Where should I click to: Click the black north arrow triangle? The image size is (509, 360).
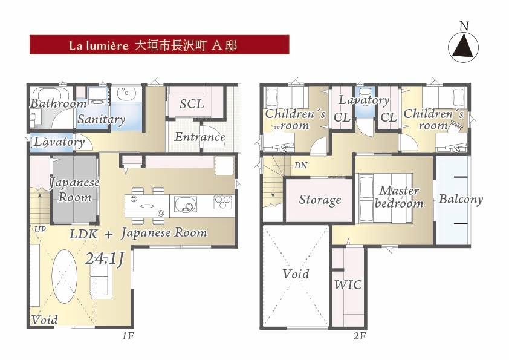pos(463,47)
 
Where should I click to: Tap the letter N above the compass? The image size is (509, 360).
pos(464,26)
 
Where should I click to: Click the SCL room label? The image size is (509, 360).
pos(192,104)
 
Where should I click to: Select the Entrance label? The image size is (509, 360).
pos(199,137)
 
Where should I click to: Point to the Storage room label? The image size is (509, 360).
pos(320,200)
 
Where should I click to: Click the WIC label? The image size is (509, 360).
pos(348,285)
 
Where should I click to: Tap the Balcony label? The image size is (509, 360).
pos(461,199)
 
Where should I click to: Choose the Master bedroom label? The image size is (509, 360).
pos(399,197)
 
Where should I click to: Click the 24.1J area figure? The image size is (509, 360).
pos(105,260)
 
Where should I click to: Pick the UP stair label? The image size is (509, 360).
pos(40,229)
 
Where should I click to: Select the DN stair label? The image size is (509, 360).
pos(300,165)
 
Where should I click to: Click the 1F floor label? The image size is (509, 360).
pos(128,336)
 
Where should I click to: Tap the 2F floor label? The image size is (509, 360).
pos(360,336)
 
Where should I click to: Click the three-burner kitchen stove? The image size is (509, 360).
pos(223,202)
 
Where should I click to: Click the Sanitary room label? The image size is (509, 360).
pos(102,119)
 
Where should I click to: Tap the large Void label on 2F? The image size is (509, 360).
pos(296,274)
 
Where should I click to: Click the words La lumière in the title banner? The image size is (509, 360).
pos(99,45)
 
